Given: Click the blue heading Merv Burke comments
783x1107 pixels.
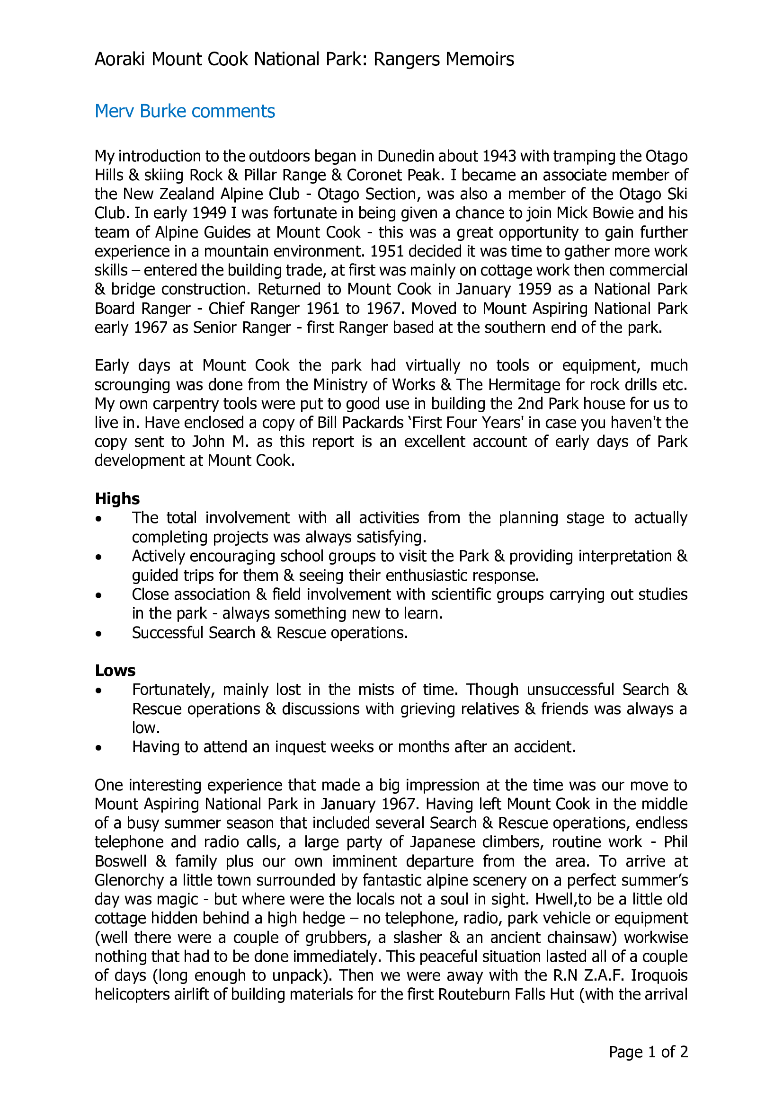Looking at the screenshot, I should tap(185, 111).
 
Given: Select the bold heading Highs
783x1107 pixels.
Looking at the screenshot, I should tap(117, 498).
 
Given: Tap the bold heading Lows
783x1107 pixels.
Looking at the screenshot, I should tap(115, 671).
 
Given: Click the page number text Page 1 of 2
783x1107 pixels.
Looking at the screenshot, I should tap(648, 1052).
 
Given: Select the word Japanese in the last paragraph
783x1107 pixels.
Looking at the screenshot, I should tap(443, 842).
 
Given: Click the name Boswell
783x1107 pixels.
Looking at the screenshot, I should tap(121, 861).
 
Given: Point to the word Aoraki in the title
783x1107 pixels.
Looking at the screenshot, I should tap(121, 59).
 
